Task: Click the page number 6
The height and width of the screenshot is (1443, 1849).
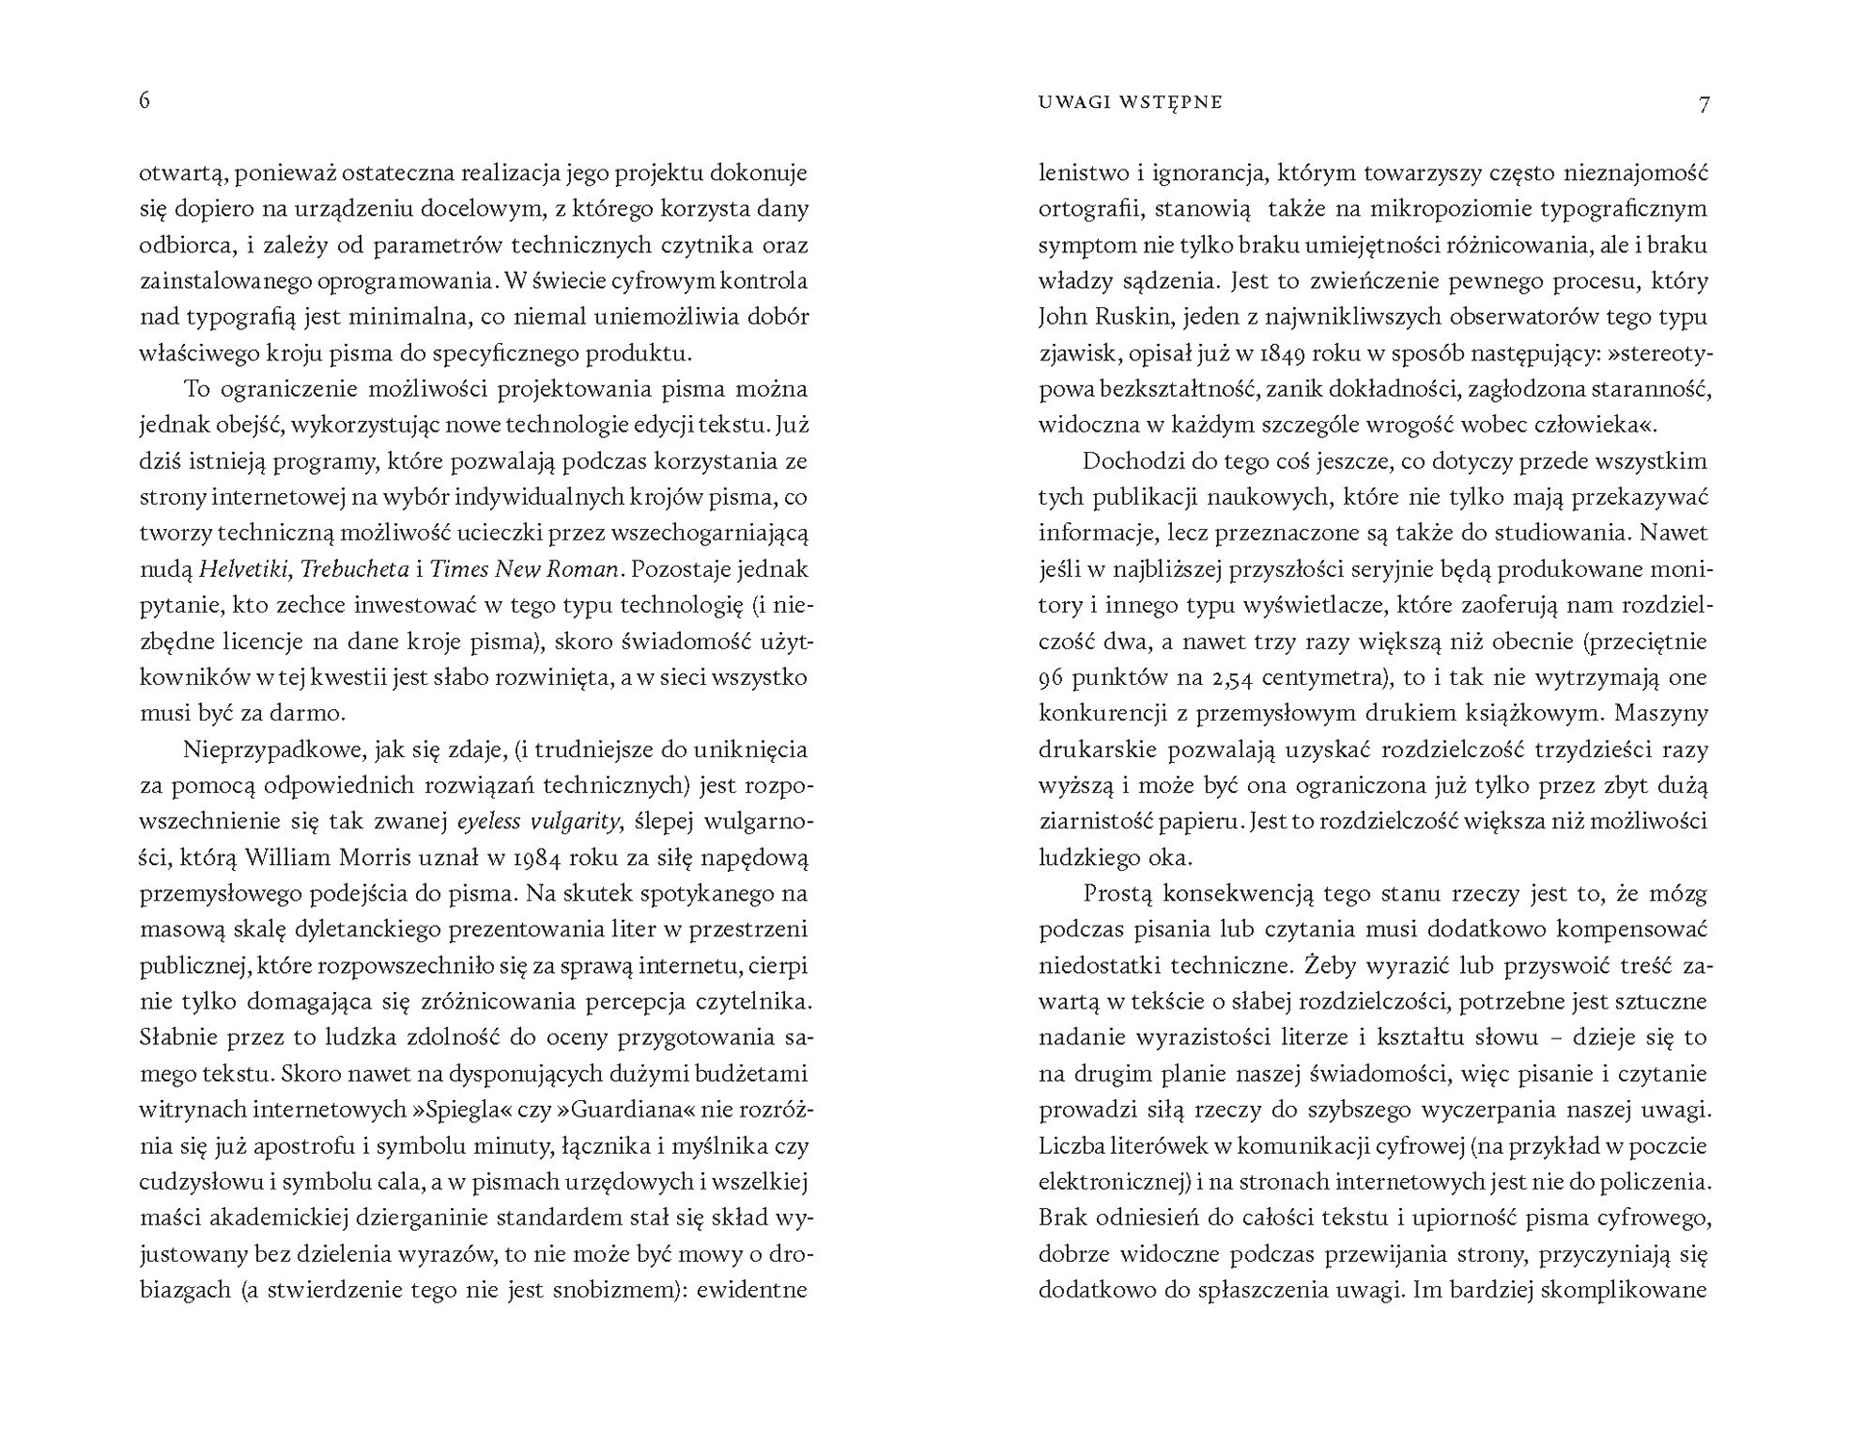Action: point(144,101)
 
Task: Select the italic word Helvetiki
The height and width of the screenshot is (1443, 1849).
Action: point(244,569)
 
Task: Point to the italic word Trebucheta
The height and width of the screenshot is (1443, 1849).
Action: point(354,569)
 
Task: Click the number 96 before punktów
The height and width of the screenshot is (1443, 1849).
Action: point(1051,677)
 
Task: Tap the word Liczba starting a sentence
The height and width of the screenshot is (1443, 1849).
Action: point(1068,1146)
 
